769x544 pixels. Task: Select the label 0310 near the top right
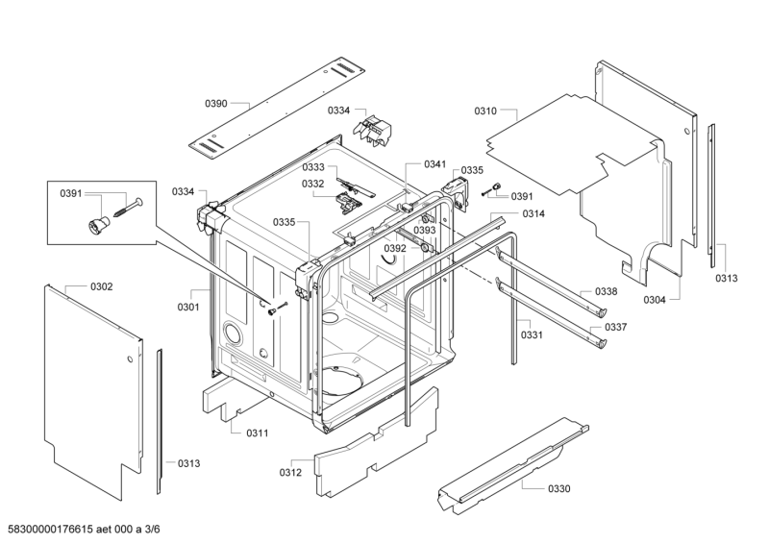click(x=486, y=112)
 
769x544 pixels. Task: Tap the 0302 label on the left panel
click(x=101, y=286)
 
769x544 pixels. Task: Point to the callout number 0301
click(x=187, y=308)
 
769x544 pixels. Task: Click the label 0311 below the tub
click(x=257, y=433)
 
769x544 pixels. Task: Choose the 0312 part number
click(x=290, y=472)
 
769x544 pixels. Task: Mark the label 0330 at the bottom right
click(x=558, y=489)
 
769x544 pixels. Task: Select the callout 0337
click(x=615, y=327)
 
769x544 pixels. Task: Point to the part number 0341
click(x=435, y=164)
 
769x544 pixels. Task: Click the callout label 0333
click(x=313, y=167)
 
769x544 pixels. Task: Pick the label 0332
click(x=313, y=184)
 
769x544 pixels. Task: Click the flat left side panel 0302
click(x=87, y=384)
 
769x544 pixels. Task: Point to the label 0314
click(x=534, y=213)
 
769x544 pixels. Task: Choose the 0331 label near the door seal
click(x=532, y=334)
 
